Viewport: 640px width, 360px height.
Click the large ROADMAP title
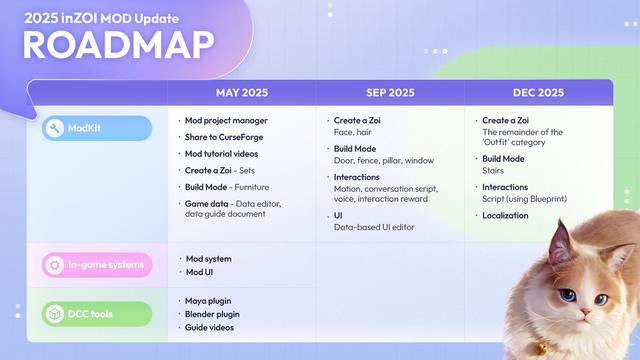[118, 45]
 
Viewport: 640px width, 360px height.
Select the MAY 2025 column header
[241, 92]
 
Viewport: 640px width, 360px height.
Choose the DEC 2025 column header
[537, 92]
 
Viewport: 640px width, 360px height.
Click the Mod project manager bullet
[226, 120]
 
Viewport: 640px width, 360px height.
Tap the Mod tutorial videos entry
[222, 154]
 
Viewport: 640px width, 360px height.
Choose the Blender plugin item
[213, 313]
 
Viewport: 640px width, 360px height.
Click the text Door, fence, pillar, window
[383, 160]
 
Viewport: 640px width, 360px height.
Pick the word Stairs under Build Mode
[495, 171]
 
